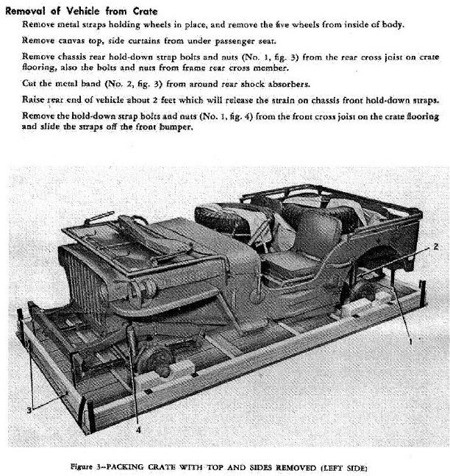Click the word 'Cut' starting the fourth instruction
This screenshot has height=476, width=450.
[x=30, y=84]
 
